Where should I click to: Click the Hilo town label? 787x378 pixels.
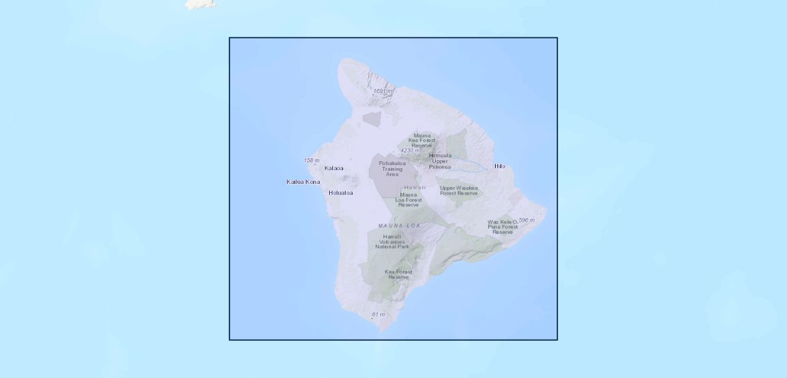pyautogui.click(x=499, y=166)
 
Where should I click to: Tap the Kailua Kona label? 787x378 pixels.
pyautogui.click(x=303, y=182)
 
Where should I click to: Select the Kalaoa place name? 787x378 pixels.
pyautogui.click(x=334, y=168)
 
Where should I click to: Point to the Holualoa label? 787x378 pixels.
pyautogui.click(x=341, y=193)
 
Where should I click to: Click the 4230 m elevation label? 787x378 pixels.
pyautogui.click(x=410, y=151)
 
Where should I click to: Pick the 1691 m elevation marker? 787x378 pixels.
pyautogui.click(x=382, y=91)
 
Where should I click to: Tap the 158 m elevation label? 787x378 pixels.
pyautogui.click(x=312, y=161)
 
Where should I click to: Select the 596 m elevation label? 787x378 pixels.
pyautogui.click(x=526, y=220)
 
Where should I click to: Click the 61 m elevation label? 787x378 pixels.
pyautogui.click(x=378, y=314)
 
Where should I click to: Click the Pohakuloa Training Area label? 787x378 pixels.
pyautogui.click(x=392, y=168)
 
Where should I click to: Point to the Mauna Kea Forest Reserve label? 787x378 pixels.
pyautogui.click(x=422, y=140)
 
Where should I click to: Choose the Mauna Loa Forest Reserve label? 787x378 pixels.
pyautogui.click(x=408, y=200)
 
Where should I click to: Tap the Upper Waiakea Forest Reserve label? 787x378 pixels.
pyautogui.click(x=458, y=190)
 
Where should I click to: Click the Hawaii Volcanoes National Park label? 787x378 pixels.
pyautogui.click(x=392, y=241)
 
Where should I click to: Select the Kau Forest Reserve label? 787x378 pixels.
pyautogui.click(x=399, y=275)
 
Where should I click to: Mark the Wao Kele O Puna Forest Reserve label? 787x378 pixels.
pyautogui.click(x=503, y=227)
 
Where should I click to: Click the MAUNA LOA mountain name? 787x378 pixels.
pyautogui.click(x=399, y=226)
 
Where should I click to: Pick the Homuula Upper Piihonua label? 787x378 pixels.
pyautogui.click(x=440, y=161)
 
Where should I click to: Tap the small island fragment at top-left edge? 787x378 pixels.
pyautogui.click(x=201, y=4)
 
